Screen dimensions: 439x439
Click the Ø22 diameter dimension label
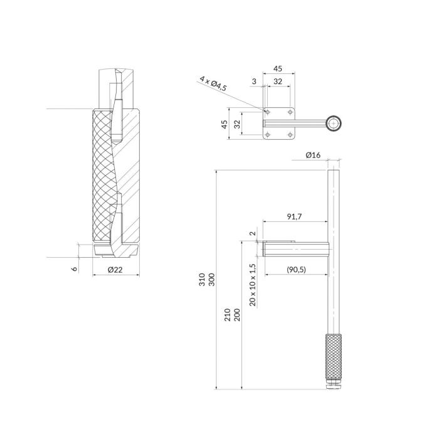tap(114, 270)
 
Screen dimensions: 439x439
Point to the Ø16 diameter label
tap(313, 155)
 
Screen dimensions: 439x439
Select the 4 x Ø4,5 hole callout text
tap(222, 84)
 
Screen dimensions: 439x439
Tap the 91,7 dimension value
tap(295, 216)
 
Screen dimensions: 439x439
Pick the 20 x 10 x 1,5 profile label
tap(253, 285)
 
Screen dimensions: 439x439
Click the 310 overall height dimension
tap(202, 280)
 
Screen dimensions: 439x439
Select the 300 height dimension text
tap(211, 280)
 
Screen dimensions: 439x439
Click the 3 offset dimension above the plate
tap(254, 81)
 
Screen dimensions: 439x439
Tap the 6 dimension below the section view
tap(75, 268)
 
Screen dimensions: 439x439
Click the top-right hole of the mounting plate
tap(290, 112)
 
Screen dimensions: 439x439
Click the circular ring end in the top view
tap(333, 123)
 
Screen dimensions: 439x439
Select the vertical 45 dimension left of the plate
tap(225, 124)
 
